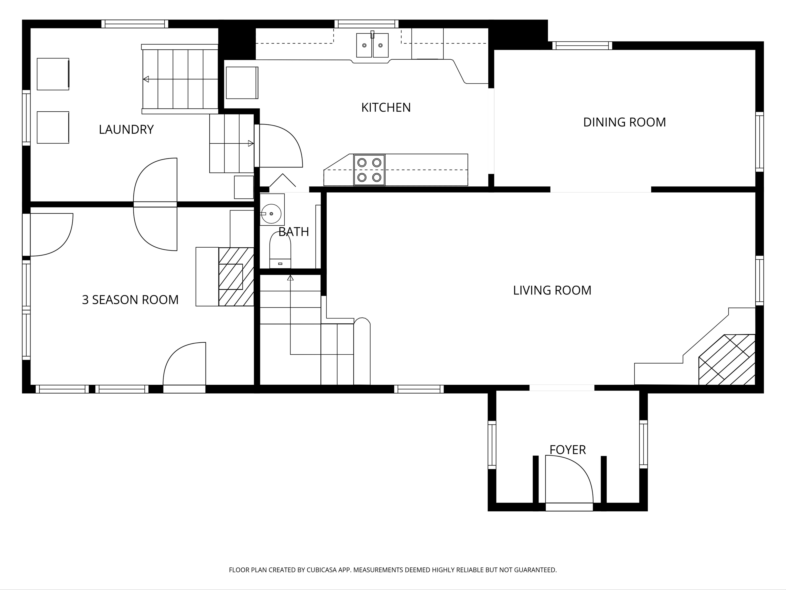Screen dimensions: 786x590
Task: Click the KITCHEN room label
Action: [x=386, y=107]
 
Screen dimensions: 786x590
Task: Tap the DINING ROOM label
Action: [x=624, y=122]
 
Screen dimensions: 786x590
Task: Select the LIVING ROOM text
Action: [x=552, y=290]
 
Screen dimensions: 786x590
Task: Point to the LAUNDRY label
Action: [x=126, y=129]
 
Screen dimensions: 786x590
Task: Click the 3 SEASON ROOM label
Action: [x=130, y=300]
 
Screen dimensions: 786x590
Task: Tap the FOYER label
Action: [x=567, y=450]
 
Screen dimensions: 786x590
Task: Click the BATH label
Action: [x=294, y=232]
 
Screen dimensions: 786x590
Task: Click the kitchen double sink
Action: [x=372, y=45]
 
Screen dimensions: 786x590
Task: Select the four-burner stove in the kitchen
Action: [x=369, y=170]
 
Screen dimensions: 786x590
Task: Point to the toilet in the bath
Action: [x=280, y=250]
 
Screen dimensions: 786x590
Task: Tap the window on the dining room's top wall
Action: [x=582, y=46]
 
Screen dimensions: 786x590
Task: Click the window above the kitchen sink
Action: [x=366, y=24]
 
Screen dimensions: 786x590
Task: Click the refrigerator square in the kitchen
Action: [x=242, y=83]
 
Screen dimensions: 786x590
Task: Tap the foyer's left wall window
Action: [x=492, y=445]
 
